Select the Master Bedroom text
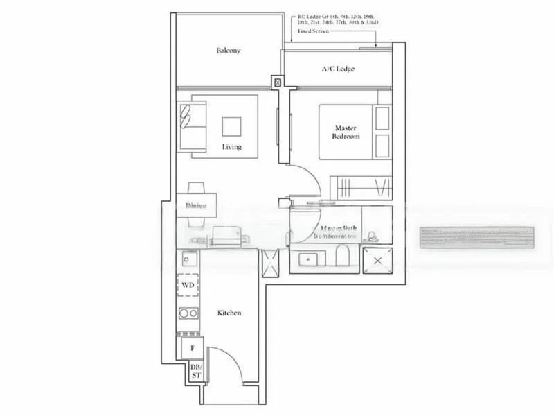tap(347, 132)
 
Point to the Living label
tap(232, 147)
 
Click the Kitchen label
tap(229, 313)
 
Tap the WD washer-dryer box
tap(188, 286)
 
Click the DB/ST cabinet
tap(196, 372)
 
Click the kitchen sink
tap(187, 259)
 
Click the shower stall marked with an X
tap(377, 261)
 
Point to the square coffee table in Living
tap(232, 125)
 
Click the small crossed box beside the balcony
tap(278, 82)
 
